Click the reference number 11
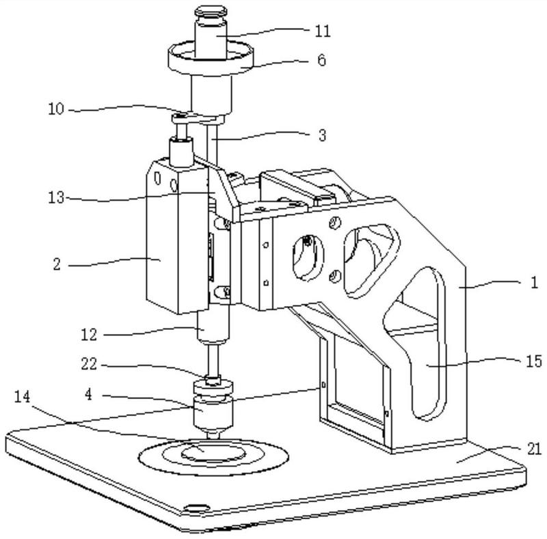pyautogui.click(x=321, y=31)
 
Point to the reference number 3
pyautogui.click(x=321, y=135)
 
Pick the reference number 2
pyautogui.click(x=57, y=264)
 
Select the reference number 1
pyautogui.click(x=533, y=283)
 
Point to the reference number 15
pyautogui.click(x=533, y=359)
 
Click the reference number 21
pyautogui.click(x=534, y=449)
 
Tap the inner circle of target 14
pyautogui.click(x=214, y=450)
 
